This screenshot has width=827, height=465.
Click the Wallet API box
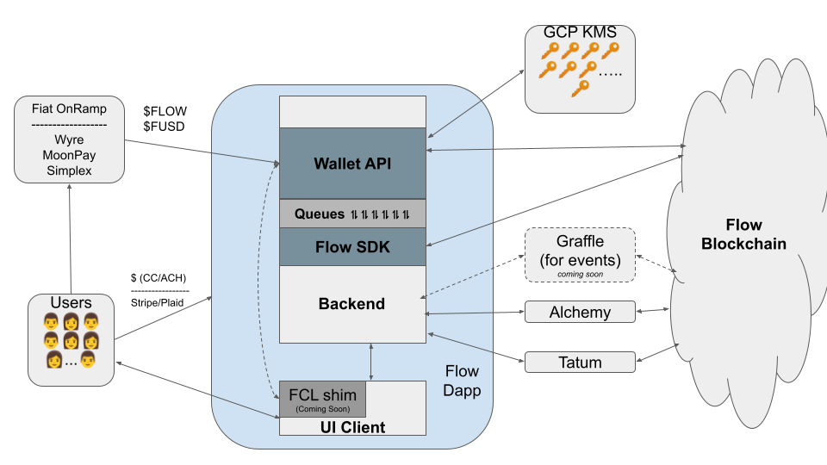pyautogui.click(x=352, y=163)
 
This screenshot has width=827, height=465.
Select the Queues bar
pyautogui.click(x=352, y=214)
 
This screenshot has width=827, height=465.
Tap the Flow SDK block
pyautogui.click(x=352, y=247)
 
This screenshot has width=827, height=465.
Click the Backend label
pyautogui.click(x=351, y=304)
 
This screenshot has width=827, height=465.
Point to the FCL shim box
pyautogui.click(x=322, y=399)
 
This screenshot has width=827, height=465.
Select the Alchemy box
pyautogui.click(x=580, y=313)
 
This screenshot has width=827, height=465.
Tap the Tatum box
pyautogui.click(x=580, y=363)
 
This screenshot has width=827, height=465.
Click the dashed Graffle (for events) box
pyautogui.click(x=580, y=254)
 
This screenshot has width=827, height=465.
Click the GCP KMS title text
pyautogui.click(x=580, y=32)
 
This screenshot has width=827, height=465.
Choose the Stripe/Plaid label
pyautogui.click(x=159, y=302)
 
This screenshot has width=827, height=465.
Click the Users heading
pyautogui.click(x=71, y=303)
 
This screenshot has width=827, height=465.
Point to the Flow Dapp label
pyautogui.click(x=462, y=380)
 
